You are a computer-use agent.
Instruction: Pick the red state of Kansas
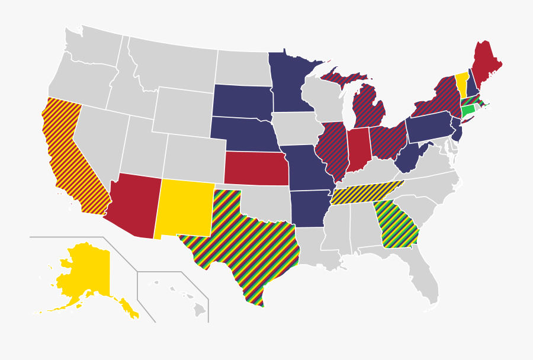coord(256,168)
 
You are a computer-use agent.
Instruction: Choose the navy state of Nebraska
coord(243,133)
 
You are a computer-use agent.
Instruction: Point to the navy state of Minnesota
coord(290,83)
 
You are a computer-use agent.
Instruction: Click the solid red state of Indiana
coord(358,148)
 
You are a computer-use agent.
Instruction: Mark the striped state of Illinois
coord(334,151)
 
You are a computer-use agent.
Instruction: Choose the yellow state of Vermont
coord(461,84)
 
